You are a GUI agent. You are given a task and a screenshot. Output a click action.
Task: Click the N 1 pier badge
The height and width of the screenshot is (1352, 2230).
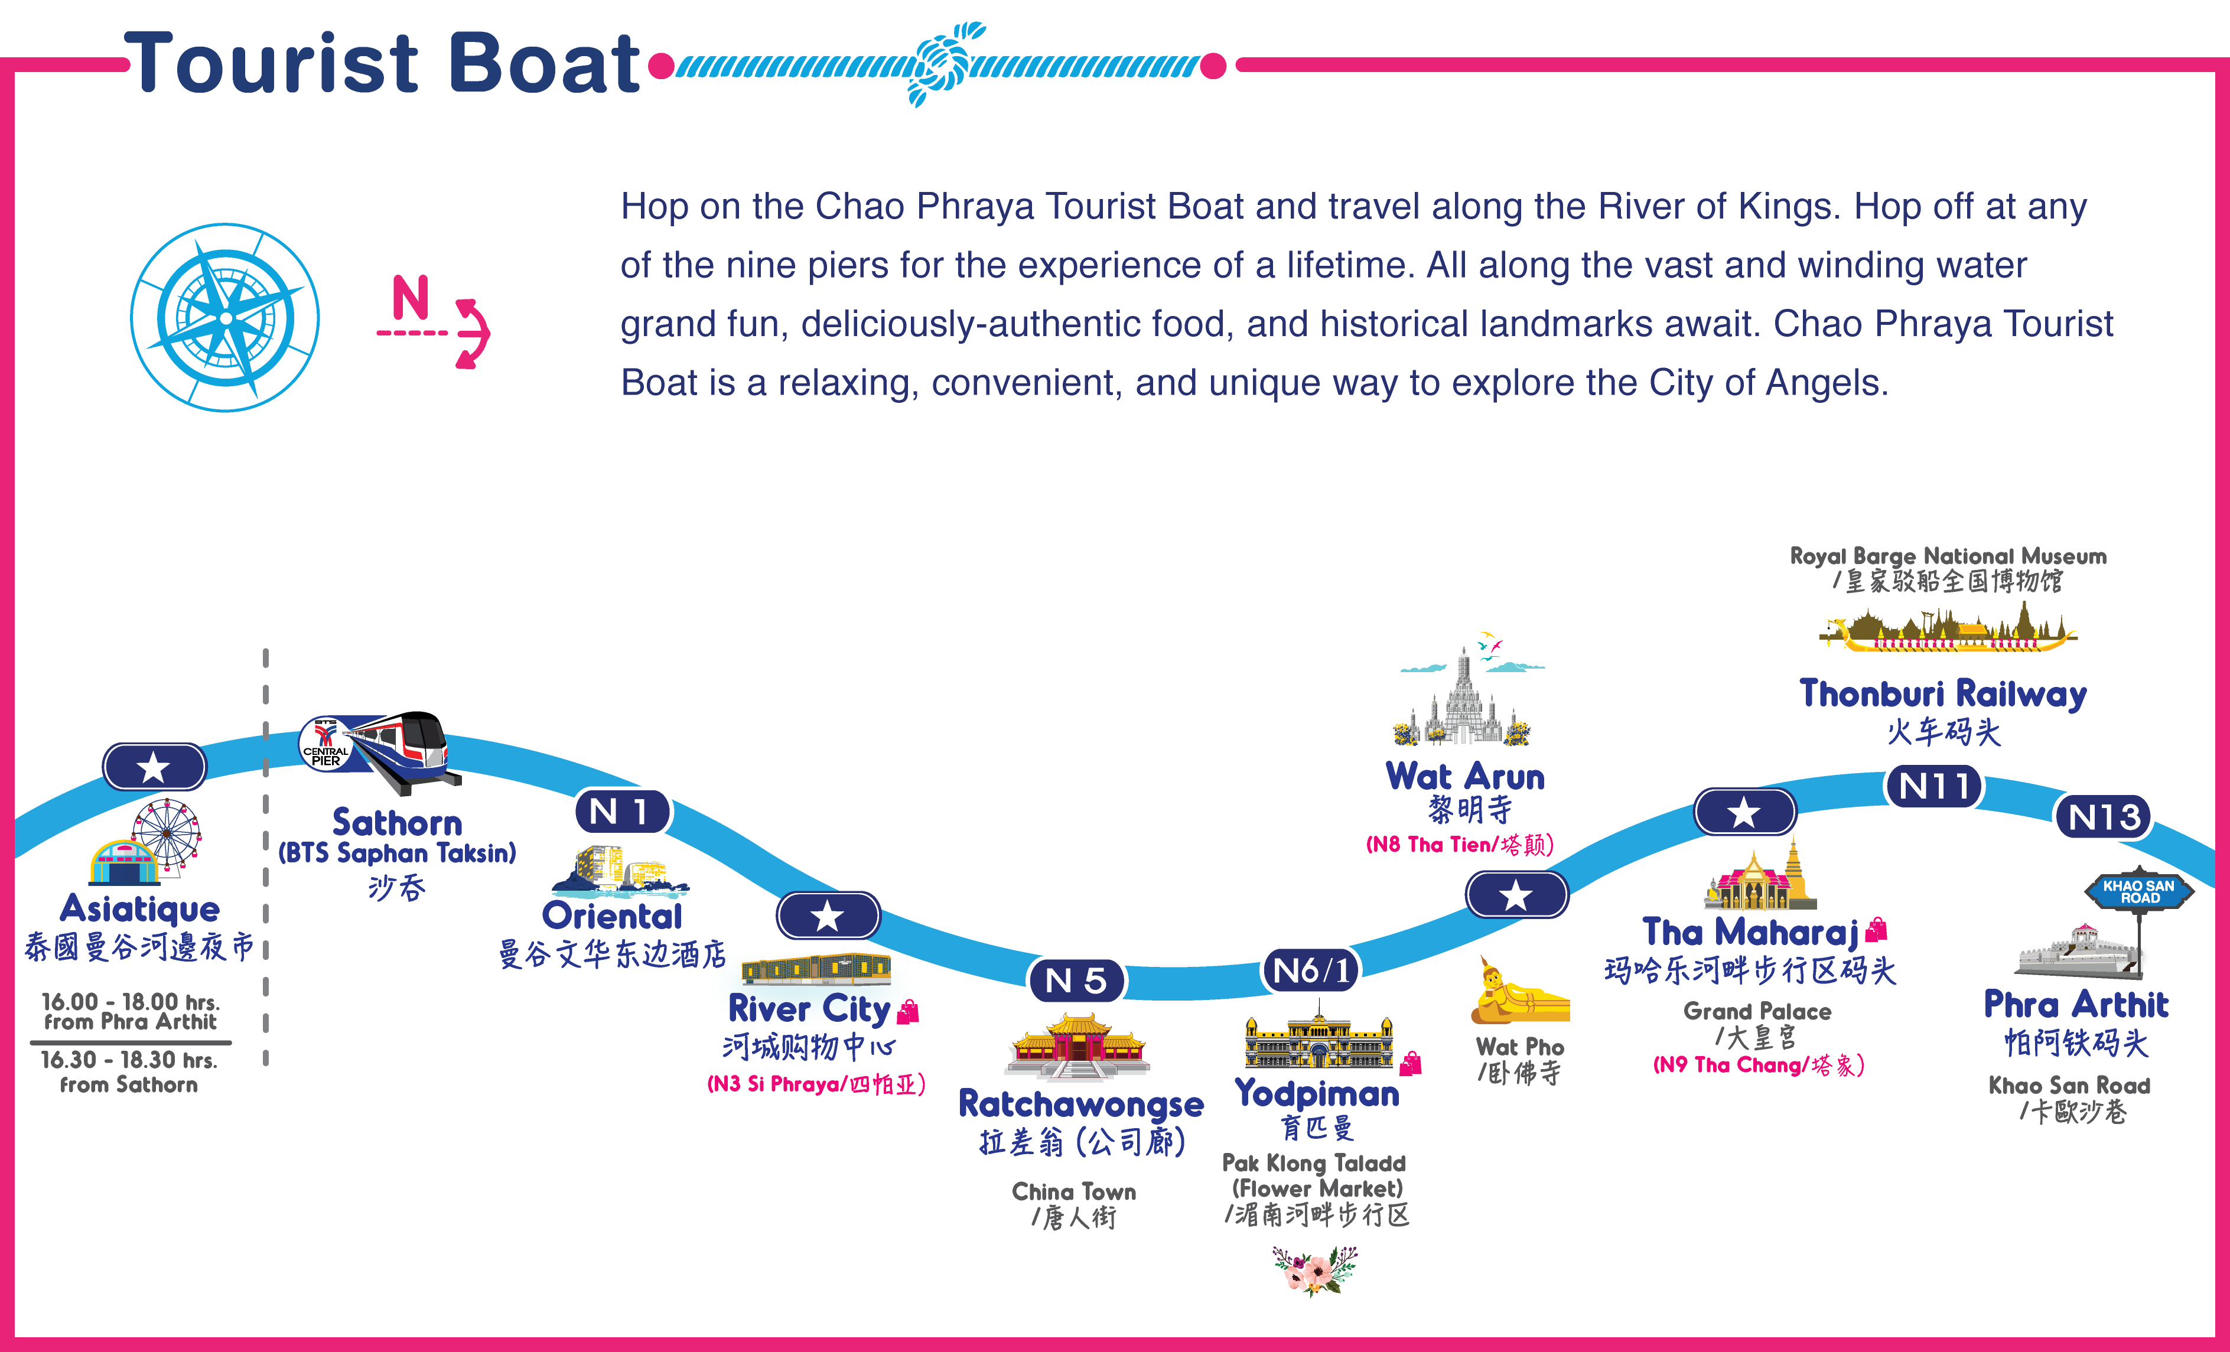pyautogui.click(x=622, y=811)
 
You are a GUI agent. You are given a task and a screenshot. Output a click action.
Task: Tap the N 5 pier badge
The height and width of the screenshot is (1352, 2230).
pyautogui.click(x=1076, y=980)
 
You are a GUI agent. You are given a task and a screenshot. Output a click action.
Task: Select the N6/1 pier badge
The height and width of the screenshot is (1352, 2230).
pyautogui.click(x=1310, y=970)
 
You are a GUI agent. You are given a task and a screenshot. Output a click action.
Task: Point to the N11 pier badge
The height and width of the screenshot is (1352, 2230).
pyautogui.click(x=1933, y=786)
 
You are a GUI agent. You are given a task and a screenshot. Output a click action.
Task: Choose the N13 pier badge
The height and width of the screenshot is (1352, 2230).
pyautogui.click(x=2104, y=817)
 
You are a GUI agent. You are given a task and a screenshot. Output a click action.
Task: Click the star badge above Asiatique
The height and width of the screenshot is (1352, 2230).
pyautogui.click(x=154, y=767)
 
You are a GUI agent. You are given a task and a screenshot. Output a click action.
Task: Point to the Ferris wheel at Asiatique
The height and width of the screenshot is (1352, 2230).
pyautogui.click(x=167, y=835)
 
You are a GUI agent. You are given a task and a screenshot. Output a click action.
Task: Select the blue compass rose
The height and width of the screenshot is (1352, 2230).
pyautogui.click(x=225, y=318)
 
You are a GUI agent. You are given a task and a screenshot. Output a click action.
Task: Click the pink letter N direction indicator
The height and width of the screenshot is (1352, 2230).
pyautogui.click(x=410, y=297)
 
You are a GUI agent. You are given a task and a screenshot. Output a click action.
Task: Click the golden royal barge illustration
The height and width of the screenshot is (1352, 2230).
pyautogui.click(x=1946, y=631)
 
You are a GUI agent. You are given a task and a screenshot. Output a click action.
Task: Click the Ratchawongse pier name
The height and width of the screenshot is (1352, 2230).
pyautogui.click(x=1080, y=1104)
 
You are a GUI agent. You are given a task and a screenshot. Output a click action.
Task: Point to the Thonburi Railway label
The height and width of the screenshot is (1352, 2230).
pyautogui.click(x=1943, y=694)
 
